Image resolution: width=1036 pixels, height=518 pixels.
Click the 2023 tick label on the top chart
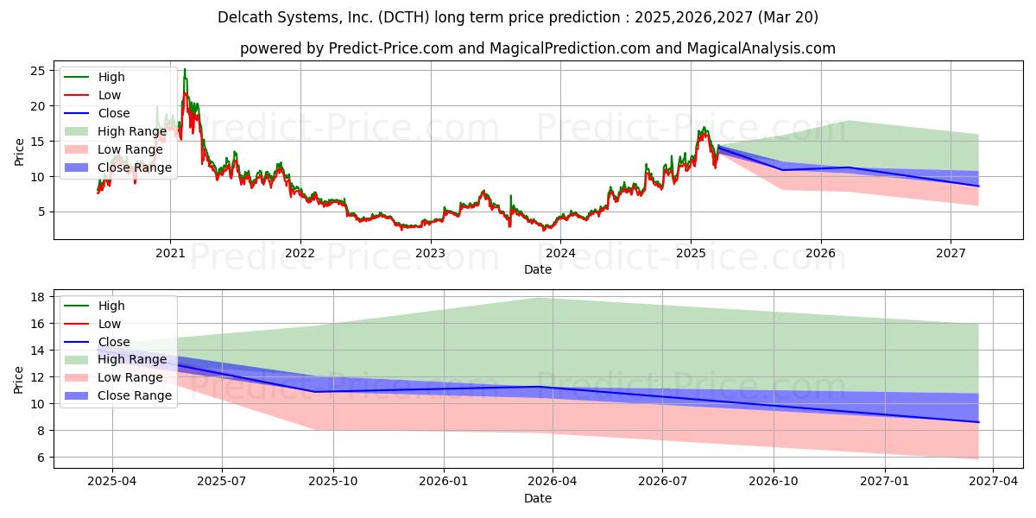click(430, 253)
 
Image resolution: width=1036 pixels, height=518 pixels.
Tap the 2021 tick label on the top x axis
click(170, 253)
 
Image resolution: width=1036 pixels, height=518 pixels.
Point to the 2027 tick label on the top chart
click(951, 253)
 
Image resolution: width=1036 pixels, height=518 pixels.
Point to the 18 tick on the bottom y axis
click(39, 297)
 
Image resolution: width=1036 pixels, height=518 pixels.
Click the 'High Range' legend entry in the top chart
click(132, 131)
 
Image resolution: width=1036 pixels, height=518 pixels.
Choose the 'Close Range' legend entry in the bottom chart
click(135, 395)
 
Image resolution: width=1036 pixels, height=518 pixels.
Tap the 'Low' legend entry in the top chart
click(110, 95)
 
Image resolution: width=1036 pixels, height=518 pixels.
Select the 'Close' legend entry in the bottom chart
click(114, 342)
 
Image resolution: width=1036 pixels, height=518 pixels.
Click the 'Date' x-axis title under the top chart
click(537, 269)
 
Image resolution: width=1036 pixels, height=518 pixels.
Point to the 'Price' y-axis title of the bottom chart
click(19, 379)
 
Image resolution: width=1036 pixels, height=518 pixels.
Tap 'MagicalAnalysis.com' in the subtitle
click(761, 48)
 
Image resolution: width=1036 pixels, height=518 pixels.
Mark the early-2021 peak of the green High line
click(184, 69)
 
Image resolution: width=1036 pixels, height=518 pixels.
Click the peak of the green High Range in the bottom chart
click(537, 298)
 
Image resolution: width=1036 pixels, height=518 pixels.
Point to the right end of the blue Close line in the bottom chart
click(978, 422)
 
